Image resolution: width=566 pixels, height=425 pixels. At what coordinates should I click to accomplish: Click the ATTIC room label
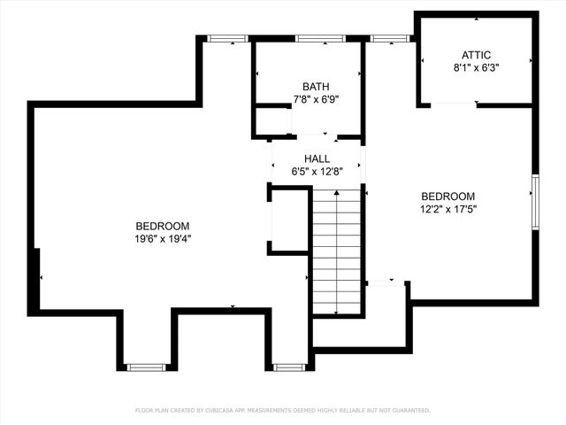476,55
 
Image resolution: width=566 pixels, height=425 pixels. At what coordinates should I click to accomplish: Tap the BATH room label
316,87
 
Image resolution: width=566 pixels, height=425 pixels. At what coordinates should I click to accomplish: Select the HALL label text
317,159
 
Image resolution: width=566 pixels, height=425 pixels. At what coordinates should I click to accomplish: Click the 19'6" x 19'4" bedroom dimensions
163,239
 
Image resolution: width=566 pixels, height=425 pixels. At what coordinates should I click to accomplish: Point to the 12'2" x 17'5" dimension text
448,209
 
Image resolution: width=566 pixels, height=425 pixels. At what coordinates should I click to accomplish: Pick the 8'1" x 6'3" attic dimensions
476,68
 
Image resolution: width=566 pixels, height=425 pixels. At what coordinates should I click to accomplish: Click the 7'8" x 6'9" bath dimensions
316,99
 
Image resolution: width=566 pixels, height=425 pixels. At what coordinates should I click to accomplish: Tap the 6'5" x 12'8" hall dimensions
317,172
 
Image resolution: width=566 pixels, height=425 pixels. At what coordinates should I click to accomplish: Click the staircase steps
336,251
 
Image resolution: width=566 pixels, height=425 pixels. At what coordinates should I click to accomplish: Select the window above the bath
320,39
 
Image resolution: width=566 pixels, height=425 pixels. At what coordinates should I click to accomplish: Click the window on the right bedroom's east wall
536,202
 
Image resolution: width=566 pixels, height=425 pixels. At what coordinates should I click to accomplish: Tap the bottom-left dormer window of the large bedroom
146,367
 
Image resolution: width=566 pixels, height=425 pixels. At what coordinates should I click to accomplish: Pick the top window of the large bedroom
227,39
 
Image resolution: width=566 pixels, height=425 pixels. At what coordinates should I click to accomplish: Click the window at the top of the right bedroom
390,39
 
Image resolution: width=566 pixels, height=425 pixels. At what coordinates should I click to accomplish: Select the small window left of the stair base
289,367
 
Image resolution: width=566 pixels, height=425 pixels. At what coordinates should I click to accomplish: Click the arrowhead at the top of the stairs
336,193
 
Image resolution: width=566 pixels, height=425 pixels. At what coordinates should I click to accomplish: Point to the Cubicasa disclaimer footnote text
283,411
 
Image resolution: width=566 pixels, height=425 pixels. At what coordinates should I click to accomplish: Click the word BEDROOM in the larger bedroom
163,227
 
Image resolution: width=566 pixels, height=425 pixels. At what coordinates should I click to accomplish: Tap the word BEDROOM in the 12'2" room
448,197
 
